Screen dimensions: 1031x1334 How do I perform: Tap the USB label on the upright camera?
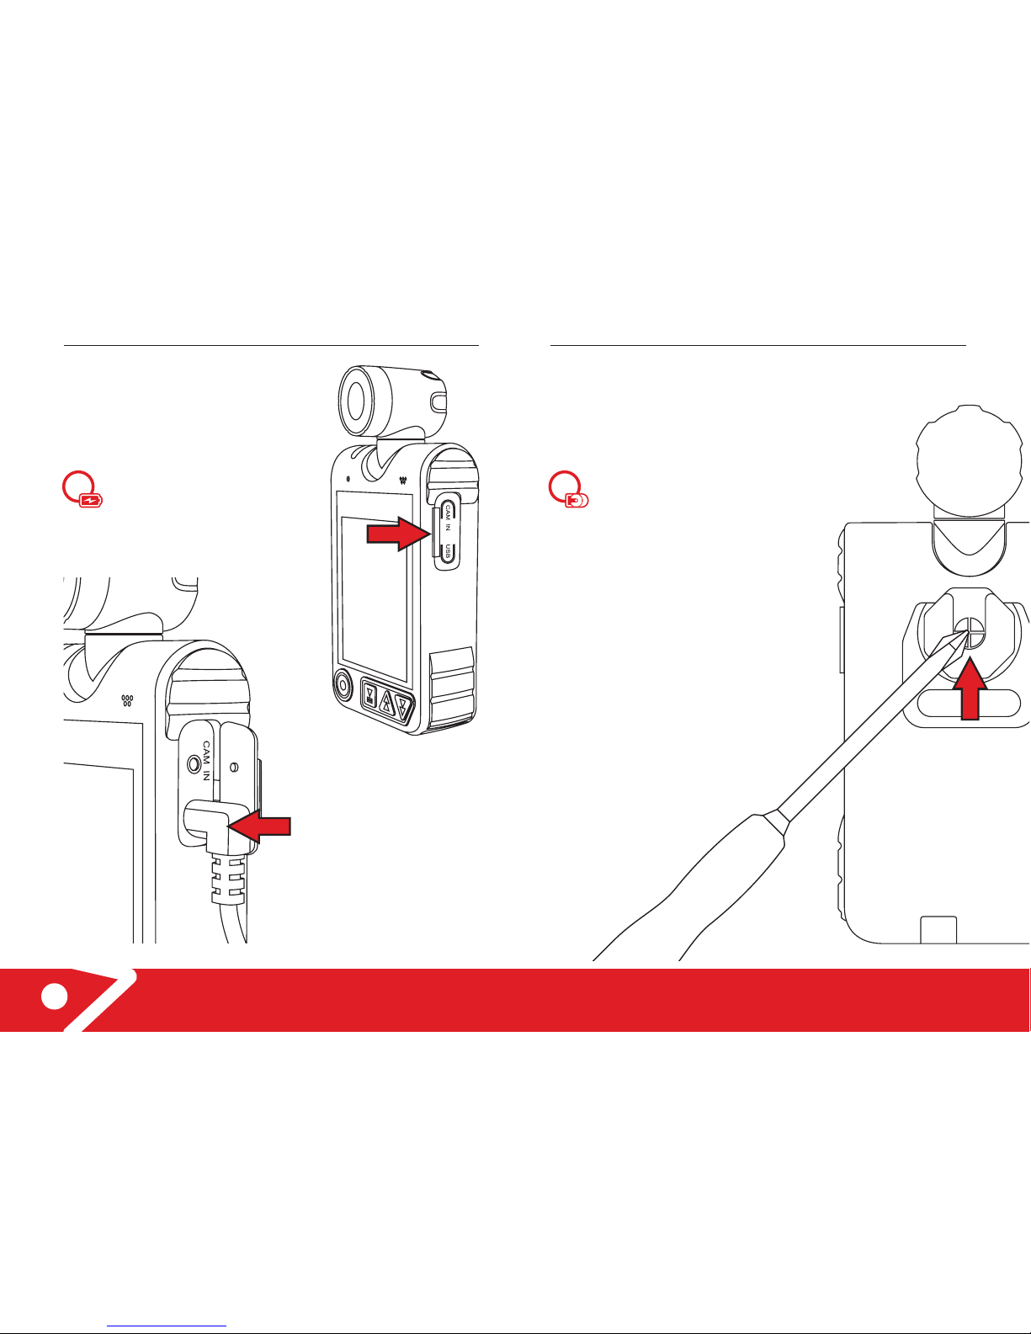pyautogui.click(x=448, y=552)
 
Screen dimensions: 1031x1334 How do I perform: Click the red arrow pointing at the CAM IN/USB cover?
pyautogui.click(x=398, y=533)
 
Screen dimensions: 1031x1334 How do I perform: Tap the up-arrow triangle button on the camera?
pyautogui.click(x=386, y=702)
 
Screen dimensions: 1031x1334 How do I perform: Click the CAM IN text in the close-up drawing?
pyautogui.click(x=207, y=761)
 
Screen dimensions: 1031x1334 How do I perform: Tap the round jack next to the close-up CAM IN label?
pyautogui.click(x=194, y=764)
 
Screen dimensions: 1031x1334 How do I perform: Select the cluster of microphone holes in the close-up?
pyautogui.click(x=127, y=700)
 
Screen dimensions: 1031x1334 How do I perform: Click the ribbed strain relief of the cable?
pyautogui.click(x=228, y=880)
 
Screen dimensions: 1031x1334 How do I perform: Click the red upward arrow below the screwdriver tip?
pyautogui.click(x=970, y=688)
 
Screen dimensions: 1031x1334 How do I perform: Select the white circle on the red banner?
pyautogui.click(x=55, y=996)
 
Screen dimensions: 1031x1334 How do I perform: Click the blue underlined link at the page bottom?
pyautogui.click(x=167, y=1324)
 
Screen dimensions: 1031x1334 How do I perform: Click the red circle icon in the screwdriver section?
pyautogui.click(x=568, y=489)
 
